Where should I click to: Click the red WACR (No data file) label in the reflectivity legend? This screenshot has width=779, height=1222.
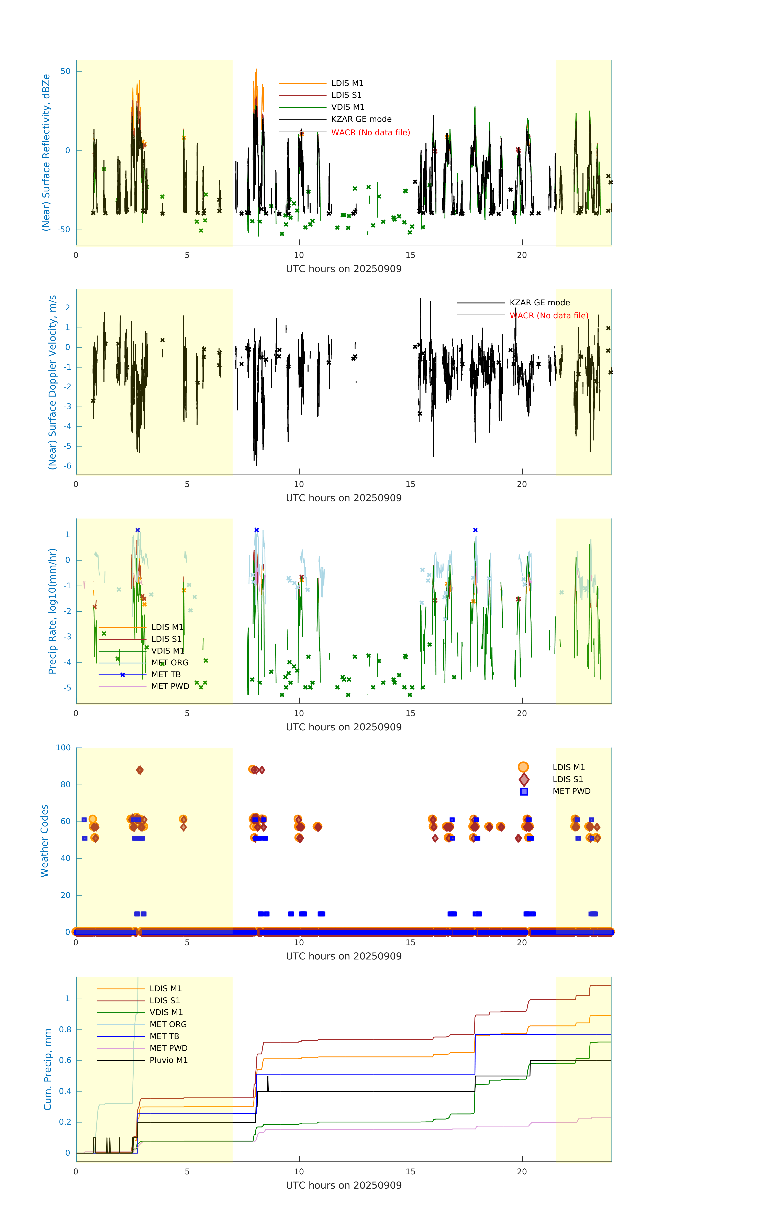370,132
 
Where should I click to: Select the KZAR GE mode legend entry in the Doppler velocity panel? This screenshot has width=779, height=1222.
539,302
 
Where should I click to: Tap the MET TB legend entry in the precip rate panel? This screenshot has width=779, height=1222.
166,674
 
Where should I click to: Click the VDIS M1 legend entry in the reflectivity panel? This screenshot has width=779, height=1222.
348,107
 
